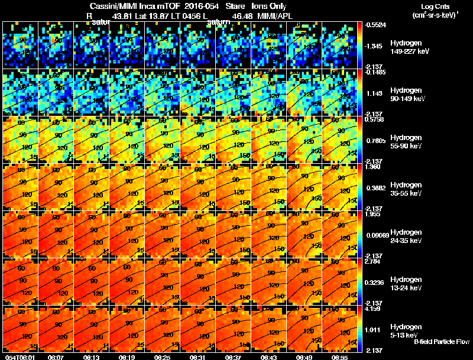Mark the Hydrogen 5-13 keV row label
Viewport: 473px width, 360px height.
[406, 330]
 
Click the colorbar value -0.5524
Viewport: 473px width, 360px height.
[374, 25]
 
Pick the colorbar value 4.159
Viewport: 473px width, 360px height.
[372, 309]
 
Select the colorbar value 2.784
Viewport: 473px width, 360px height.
[372, 261]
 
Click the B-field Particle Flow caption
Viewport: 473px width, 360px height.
[441, 342]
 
